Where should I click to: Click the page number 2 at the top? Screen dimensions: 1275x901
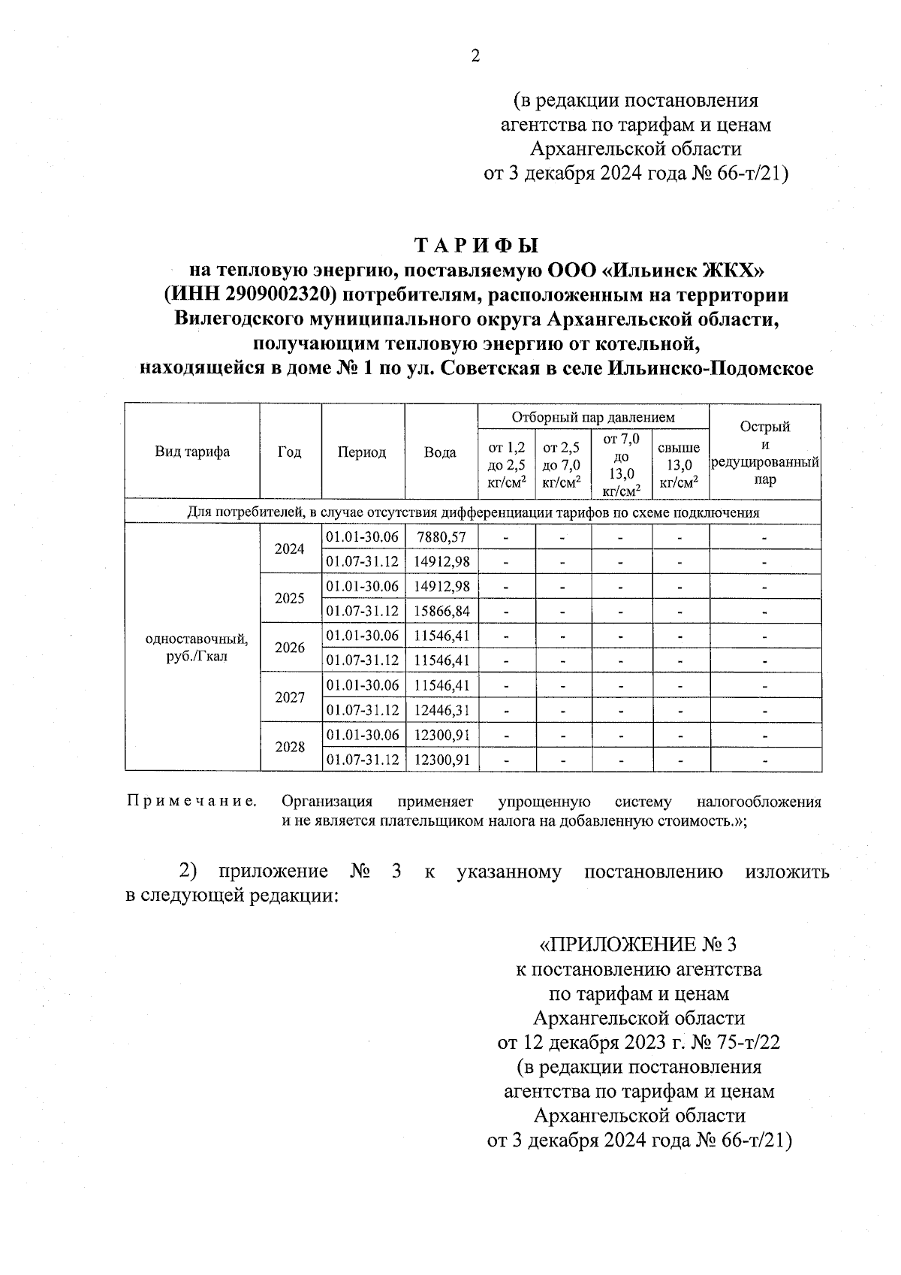click(474, 56)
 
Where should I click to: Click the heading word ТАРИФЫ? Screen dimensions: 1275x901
click(478, 246)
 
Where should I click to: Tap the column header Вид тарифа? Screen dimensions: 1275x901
click(192, 452)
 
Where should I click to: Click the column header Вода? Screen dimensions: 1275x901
click(440, 452)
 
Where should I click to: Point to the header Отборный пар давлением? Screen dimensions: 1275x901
click(593, 417)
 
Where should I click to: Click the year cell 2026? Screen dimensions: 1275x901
click(290, 648)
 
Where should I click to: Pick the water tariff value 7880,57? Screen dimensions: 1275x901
click(441, 537)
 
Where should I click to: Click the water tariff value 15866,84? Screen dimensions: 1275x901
click(441, 611)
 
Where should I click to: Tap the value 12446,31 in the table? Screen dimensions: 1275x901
click(441, 710)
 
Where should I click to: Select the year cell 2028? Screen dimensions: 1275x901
click(290, 747)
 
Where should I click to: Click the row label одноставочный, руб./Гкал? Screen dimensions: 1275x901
click(196, 647)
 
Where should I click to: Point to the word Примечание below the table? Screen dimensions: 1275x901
click(191, 802)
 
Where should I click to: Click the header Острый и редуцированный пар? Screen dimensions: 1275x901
click(764, 452)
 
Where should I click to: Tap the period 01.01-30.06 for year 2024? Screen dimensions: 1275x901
click(362, 537)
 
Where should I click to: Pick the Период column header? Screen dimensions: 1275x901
click(362, 452)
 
